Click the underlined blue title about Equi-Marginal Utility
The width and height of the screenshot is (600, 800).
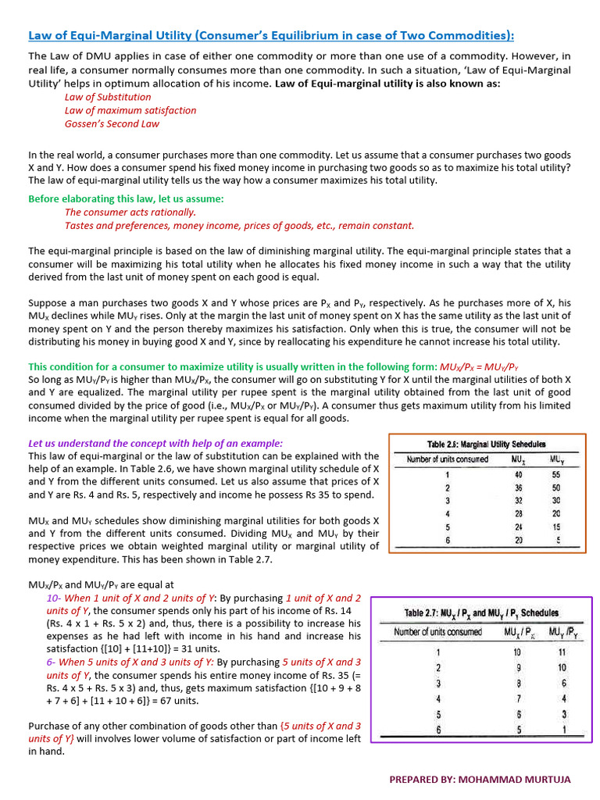tap(271, 35)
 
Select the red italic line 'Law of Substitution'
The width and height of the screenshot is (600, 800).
tap(108, 97)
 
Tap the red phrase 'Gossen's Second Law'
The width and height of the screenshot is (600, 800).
tap(112, 123)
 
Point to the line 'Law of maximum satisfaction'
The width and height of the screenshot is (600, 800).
tap(130, 110)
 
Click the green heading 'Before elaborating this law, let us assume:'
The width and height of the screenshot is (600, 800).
tap(126, 199)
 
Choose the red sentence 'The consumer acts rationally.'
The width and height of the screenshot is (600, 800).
tap(130, 212)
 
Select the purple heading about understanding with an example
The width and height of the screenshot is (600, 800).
tap(155, 443)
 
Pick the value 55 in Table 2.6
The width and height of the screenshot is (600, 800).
tap(555, 474)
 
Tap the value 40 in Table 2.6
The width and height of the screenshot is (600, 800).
tap(517, 474)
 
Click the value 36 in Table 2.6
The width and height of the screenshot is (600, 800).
tap(517, 487)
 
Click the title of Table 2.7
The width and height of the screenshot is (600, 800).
tap(480, 613)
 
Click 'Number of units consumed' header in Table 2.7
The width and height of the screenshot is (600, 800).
tap(437, 631)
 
